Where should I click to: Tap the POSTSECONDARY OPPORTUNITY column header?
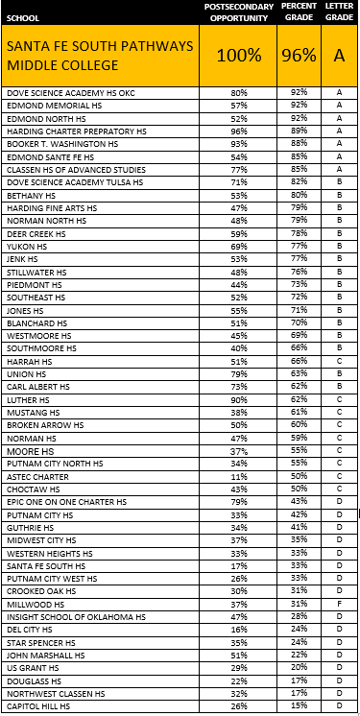point(239,12)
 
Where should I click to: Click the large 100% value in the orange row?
point(239,56)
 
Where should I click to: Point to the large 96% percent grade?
point(300,56)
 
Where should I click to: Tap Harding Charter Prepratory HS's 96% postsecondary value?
point(239,131)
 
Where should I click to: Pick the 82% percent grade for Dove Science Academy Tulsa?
point(299,180)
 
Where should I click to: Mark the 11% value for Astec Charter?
point(239,476)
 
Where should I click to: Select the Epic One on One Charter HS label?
point(66,502)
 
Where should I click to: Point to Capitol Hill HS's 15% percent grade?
point(299,706)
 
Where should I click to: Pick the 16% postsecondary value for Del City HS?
point(239,629)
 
